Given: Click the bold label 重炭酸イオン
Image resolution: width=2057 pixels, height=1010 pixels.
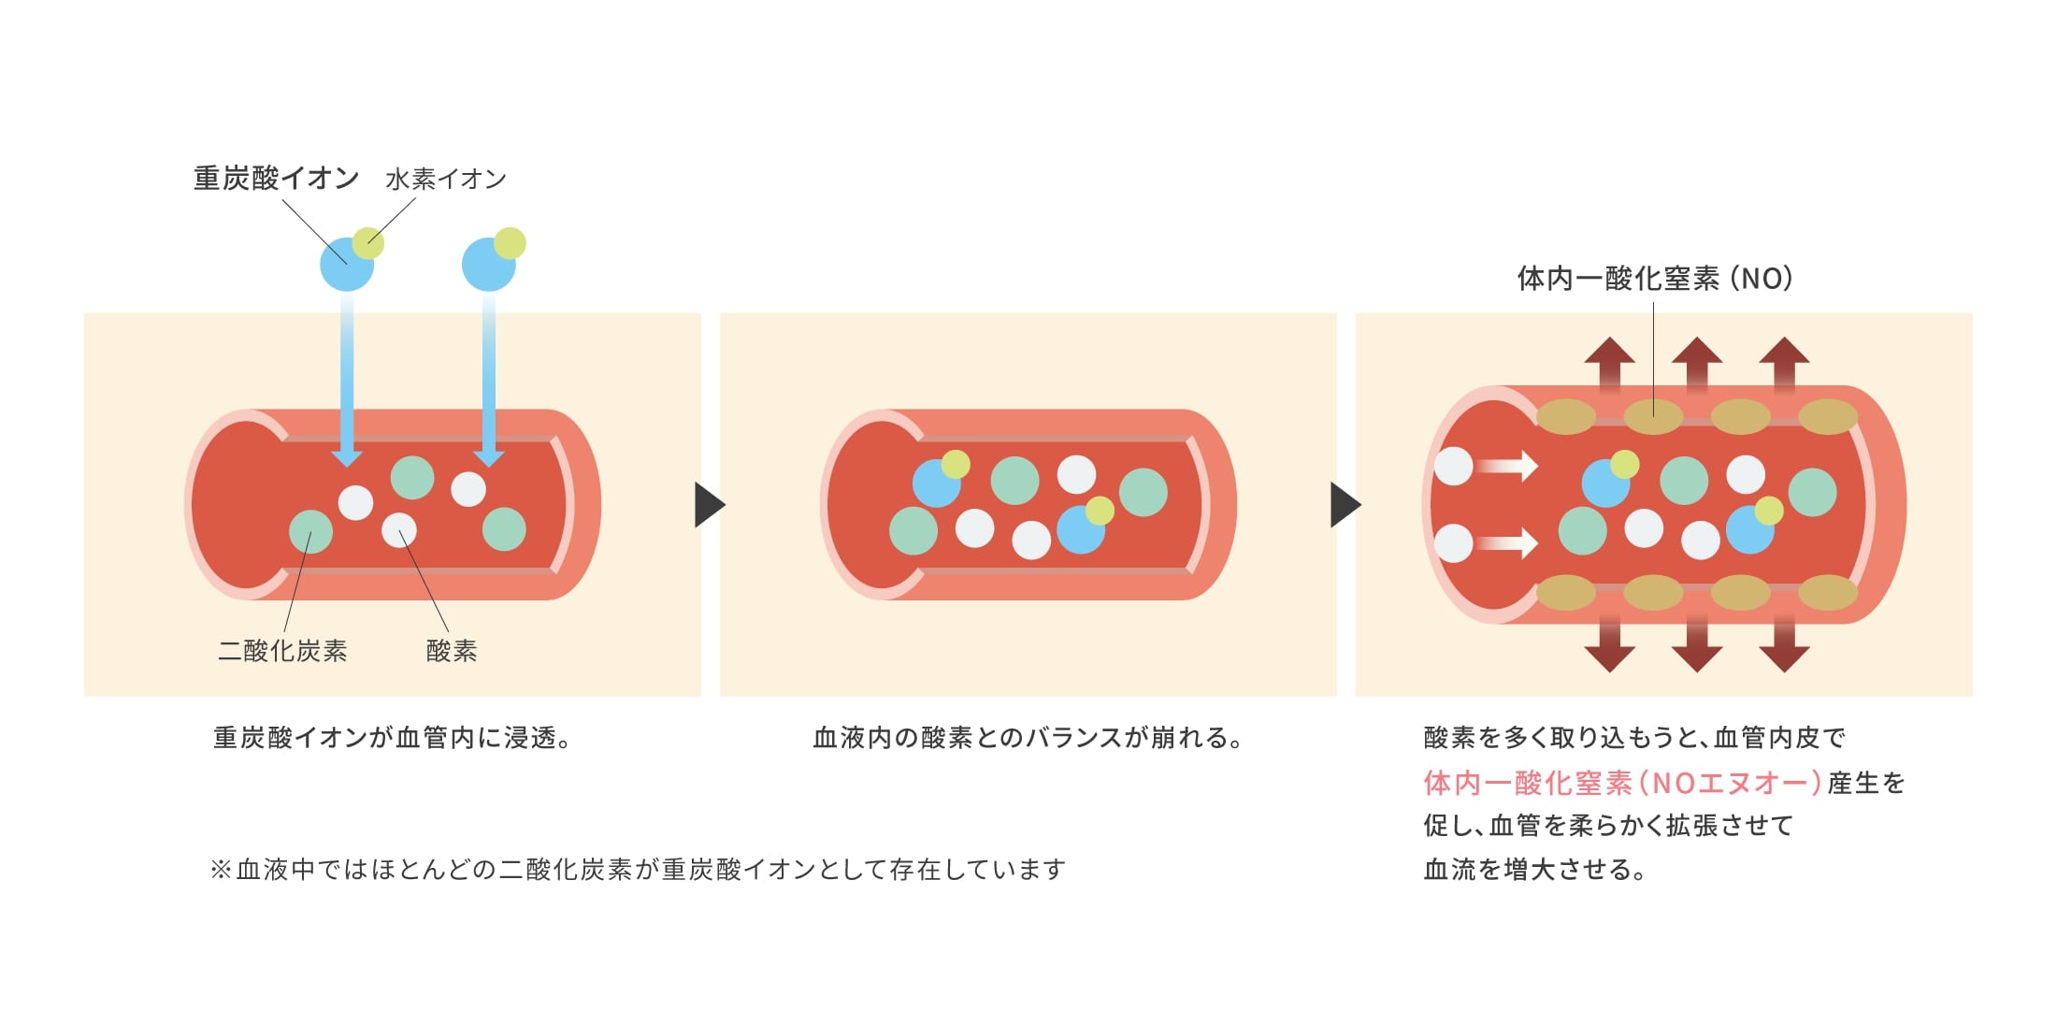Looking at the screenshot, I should click(x=276, y=178).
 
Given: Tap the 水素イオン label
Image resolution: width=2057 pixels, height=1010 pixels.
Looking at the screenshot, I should click(x=446, y=179).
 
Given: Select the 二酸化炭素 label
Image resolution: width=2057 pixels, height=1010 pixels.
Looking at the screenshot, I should click(x=282, y=651).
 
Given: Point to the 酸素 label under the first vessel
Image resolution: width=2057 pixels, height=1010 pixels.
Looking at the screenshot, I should click(x=452, y=651).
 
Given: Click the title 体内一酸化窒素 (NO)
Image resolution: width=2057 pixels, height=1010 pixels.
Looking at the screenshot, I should click(x=1654, y=279).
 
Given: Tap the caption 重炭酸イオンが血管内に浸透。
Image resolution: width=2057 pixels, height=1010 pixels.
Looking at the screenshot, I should click(x=392, y=738).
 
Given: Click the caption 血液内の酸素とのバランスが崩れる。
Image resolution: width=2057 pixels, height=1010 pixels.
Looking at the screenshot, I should click(x=1028, y=738).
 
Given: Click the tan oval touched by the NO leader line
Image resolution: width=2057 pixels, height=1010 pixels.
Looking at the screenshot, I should click(x=1653, y=416).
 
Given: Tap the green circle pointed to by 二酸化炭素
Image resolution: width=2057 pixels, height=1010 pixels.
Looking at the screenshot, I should click(x=311, y=531).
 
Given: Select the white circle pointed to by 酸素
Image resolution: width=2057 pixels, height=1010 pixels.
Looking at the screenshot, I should click(x=399, y=530).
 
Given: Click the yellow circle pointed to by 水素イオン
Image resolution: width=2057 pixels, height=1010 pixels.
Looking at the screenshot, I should click(x=368, y=243).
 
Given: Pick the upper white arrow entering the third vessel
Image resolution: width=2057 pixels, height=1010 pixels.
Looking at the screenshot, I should click(x=1507, y=465).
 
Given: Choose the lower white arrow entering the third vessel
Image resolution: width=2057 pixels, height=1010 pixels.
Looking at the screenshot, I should click(x=1507, y=542).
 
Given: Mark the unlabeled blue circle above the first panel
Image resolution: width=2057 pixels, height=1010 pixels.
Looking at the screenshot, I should click(x=487, y=266).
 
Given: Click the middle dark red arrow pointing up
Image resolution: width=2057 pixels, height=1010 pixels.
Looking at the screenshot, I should click(x=1697, y=365).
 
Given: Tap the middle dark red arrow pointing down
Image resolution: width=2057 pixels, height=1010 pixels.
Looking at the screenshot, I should click(x=1697, y=645).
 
